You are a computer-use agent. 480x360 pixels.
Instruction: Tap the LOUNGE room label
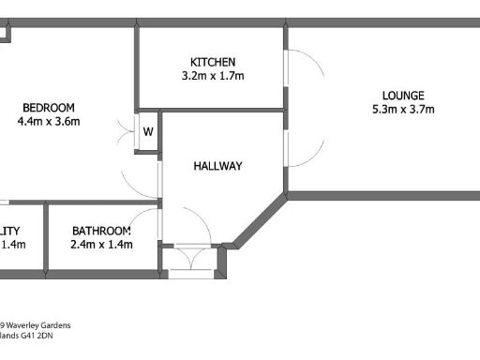[403, 95]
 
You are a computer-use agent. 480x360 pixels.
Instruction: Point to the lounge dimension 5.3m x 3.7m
[403, 109]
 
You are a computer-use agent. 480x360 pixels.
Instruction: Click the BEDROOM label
[49, 107]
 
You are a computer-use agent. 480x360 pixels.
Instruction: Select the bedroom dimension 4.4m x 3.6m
[49, 121]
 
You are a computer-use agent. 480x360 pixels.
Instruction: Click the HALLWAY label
[217, 166]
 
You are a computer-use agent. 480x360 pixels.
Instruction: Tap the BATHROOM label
[101, 231]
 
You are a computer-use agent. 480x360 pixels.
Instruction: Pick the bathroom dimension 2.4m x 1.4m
[101, 245]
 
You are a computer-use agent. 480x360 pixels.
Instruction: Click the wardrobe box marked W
[147, 131]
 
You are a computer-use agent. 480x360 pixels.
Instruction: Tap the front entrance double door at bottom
[191, 259]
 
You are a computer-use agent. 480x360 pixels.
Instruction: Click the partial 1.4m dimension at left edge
[12, 245]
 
